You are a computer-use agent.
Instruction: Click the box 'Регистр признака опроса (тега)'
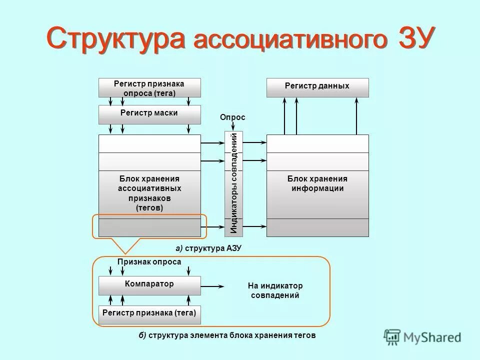[x=149, y=87]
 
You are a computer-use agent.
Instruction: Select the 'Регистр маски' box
[x=149, y=114]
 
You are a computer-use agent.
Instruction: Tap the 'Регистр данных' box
[x=317, y=87]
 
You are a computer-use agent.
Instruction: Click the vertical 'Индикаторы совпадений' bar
[x=233, y=183]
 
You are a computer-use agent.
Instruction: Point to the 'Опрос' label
[x=232, y=117]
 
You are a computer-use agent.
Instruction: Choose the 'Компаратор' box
[x=149, y=285]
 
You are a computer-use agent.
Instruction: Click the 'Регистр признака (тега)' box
[x=149, y=314]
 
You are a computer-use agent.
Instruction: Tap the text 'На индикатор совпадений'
[x=275, y=290]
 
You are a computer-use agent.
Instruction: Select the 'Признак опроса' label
[x=149, y=261]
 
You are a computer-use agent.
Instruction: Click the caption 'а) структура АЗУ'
[x=208, y=248]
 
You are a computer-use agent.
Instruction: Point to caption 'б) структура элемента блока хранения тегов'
[x=227, y=335]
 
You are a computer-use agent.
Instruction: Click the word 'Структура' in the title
[x=116, y=38]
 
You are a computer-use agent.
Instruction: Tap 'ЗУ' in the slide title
[x=413, y=38]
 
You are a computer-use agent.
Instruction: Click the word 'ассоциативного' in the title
[x=290, y=41]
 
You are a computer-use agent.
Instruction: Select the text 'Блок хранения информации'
[x=317, y=183]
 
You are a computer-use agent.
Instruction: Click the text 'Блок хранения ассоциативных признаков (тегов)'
[x=149, y=193]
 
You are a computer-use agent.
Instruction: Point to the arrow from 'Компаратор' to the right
[x=212, y=286]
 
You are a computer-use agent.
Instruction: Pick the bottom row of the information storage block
[x=317, y=227]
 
